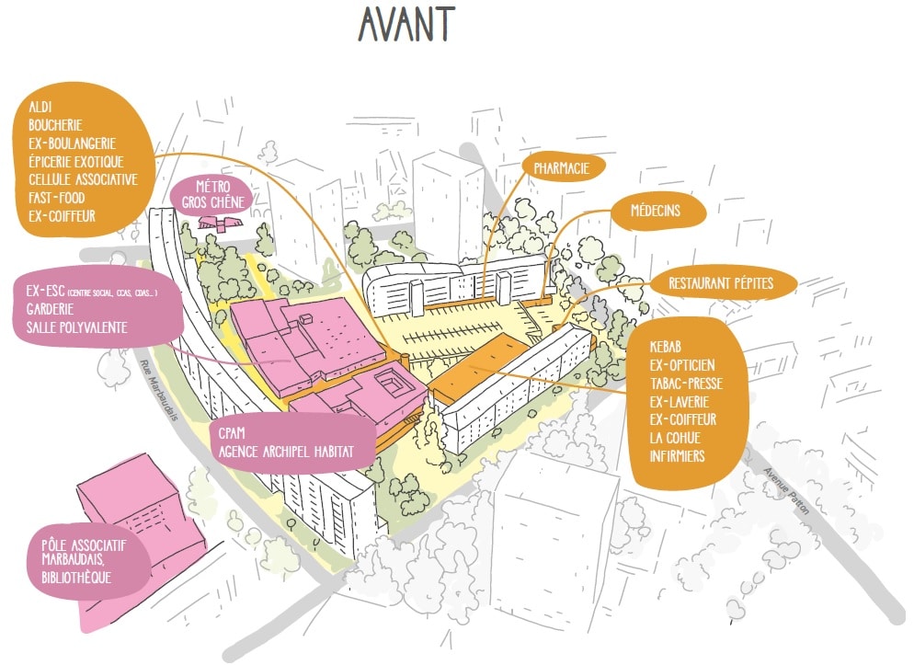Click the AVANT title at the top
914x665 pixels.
407,25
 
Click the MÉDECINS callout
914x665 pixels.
656,211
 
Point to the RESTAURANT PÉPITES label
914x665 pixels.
721,283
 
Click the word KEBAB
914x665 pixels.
669,348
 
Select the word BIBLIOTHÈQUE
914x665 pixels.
75,578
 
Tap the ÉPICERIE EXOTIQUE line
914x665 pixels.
82,161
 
